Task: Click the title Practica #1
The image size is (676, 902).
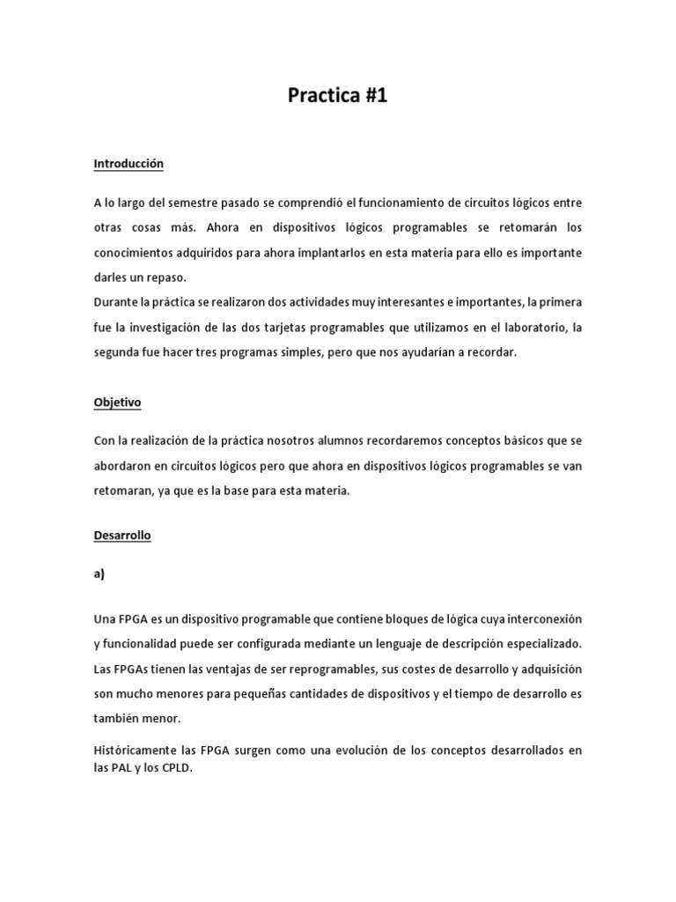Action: click(x=337, y=97)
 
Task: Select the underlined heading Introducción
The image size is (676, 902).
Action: click(x=129, y=164)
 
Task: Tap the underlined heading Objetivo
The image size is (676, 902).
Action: click(x=117, y=403)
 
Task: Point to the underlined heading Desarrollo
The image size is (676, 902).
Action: click(x=122, y=536)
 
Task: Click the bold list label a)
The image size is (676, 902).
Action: click(x=99, y=573)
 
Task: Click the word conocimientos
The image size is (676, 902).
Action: click(x=136, y=252)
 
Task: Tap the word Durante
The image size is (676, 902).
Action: click(x=116, y=302)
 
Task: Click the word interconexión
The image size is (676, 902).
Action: click(x=539, y=619)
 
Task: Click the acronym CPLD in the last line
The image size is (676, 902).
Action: click(x=176, y=767)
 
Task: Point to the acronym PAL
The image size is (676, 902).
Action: click(x=121, y=767)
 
